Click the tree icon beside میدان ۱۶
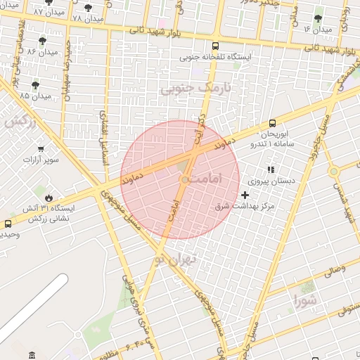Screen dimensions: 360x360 (x=319, y=18)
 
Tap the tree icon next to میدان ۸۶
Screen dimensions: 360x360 (x=43, y=41)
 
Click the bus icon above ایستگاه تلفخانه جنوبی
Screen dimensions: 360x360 (x=215, y=46)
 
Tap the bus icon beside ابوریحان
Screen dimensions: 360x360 (x=273, y=123)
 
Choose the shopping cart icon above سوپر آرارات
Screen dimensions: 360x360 (x=41, y=148)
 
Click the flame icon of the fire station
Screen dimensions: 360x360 (x=49, y=198)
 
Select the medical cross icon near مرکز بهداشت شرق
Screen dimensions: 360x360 (x=245, y=194)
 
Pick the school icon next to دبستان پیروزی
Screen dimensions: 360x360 (x=270, y=169)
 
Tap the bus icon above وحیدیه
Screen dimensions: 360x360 (x=8, y=224)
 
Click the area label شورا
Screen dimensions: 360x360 (x=307, y=302)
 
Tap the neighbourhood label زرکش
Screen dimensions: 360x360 (x=20, y=121)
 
